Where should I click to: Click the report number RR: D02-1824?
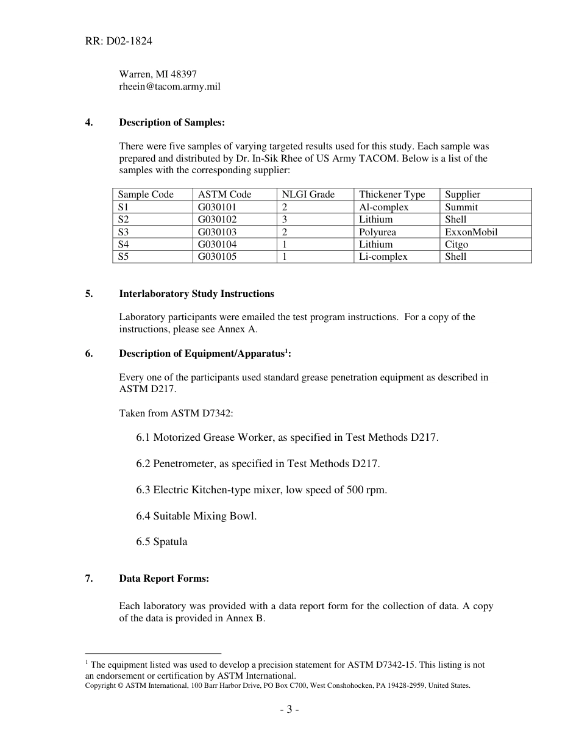(119, 41)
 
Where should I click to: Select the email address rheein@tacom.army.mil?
(169, 87)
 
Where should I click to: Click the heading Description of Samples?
(172, 123)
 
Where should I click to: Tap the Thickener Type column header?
(392, 195)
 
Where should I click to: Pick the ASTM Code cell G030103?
(217, 232)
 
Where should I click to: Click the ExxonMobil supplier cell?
(471, 232)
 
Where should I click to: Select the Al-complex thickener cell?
(383, 207)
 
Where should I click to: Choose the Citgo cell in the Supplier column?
(456, 245)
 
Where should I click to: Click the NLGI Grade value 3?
(285, 220)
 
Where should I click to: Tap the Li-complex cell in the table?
(383, 257)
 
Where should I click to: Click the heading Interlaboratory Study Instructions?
(196, 294)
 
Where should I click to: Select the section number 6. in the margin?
(89, 354)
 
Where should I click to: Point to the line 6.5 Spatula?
(162, 542)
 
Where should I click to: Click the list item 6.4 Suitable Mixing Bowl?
(196, 516)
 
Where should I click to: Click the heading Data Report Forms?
(164, 579)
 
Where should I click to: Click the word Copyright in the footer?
(101, 685)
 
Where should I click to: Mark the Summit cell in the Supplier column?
(461, 207)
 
